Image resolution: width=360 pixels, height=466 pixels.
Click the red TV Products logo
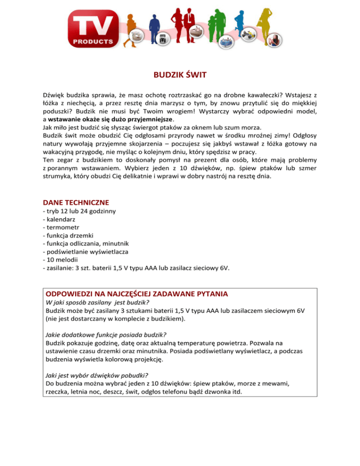click(x=93, y=29)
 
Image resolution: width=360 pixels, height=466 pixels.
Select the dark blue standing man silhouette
click(x=154, y=26)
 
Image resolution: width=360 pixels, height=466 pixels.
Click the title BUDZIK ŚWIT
click(x=180, y=75)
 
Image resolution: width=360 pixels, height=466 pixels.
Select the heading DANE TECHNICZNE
click(x=75, y=202)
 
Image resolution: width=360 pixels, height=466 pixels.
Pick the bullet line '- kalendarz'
click(x=58, y=219)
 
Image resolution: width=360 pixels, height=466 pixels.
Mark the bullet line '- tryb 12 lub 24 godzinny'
click(x=79, y=211)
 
